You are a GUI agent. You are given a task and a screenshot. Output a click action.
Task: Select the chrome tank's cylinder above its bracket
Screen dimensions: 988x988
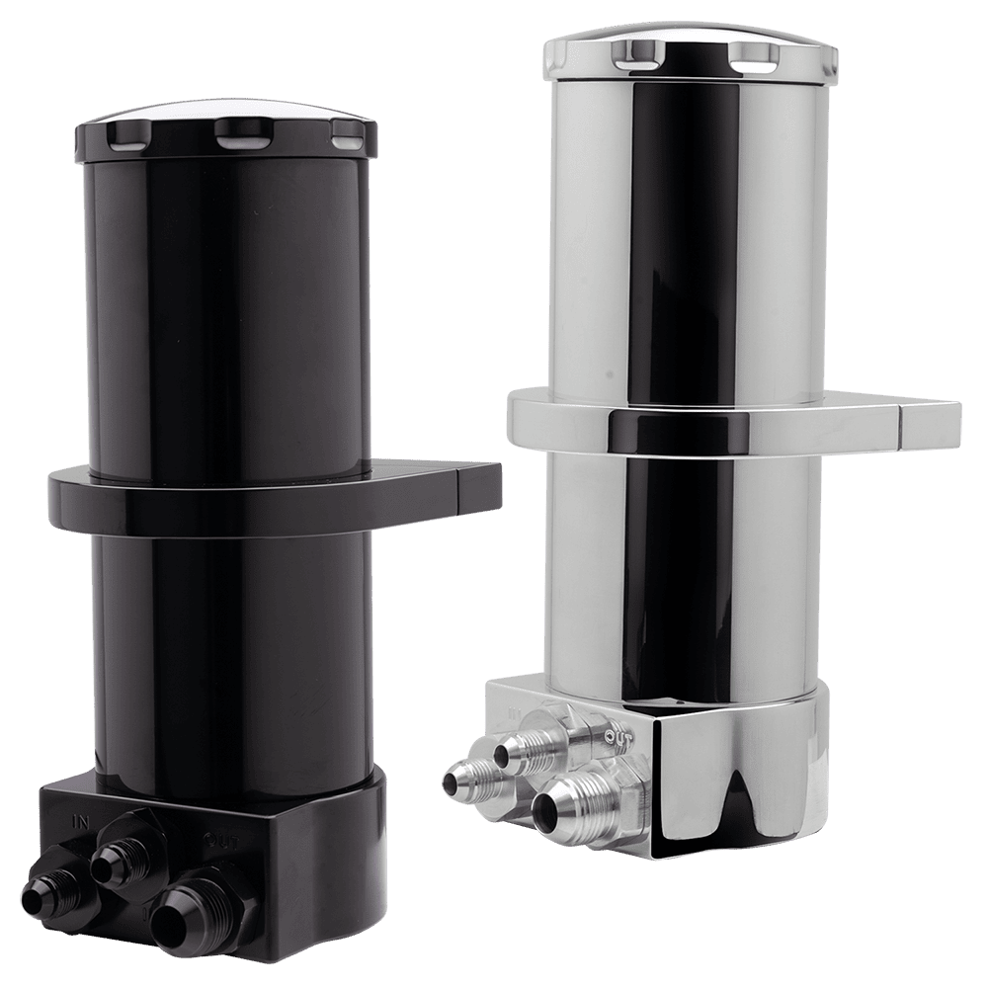(x=682, y=237)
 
